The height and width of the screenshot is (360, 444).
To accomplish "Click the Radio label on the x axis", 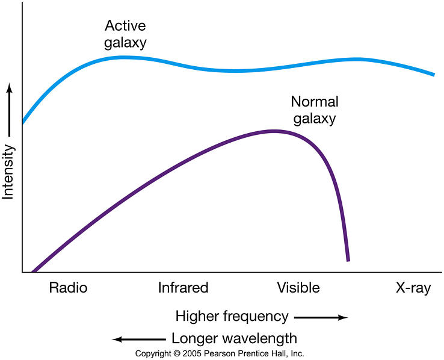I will (68, 288).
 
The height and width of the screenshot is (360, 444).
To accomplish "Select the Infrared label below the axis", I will (183, 288).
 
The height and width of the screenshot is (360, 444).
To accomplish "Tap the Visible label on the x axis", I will (298, 288).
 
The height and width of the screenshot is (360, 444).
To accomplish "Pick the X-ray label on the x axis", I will (413, 288).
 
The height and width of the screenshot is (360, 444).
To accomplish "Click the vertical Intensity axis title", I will (8, 172).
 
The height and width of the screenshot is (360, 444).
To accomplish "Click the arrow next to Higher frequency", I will (321, 317).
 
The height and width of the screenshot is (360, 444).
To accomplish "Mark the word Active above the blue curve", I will (125, 26).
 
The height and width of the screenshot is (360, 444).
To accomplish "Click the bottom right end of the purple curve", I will (348, 260).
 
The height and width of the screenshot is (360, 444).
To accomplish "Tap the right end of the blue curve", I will (433, 75).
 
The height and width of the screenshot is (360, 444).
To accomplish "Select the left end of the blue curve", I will (23, 122).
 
